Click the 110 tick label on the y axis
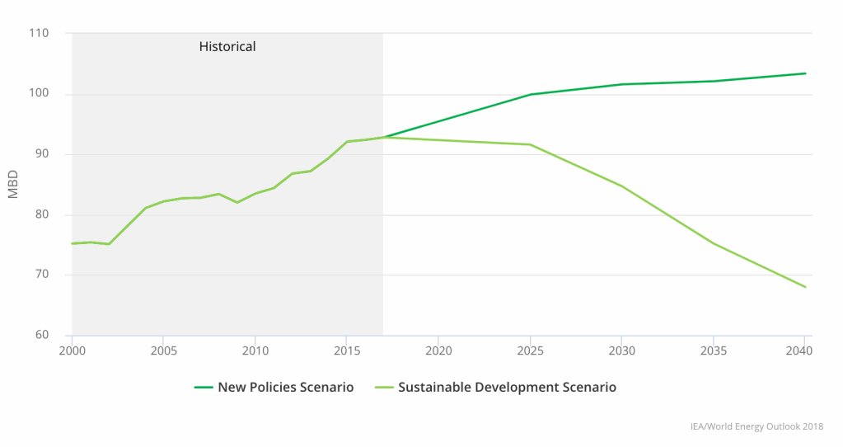point(39,34)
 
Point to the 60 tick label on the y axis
point(41,335)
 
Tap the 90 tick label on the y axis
point(41,154)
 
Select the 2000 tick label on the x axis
point(73,351)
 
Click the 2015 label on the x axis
point(346,351)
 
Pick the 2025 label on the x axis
point(529,351)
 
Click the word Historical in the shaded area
point(227,47)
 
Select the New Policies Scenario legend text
point(285,387)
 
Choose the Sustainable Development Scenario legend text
point(507,387)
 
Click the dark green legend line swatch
point(204,387)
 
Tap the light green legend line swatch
point(384,387)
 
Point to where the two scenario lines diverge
point(383,137)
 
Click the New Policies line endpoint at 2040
point(805,73)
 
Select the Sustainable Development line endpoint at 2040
point(805,287)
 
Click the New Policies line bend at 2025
point(530,94)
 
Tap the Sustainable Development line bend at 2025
point(530,144)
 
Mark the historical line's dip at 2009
point(237,202)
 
